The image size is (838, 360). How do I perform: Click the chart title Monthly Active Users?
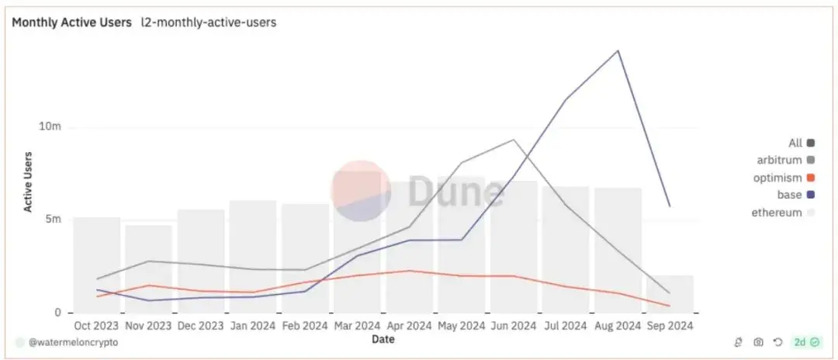tap(71, 22)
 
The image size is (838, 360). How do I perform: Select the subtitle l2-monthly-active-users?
tap(208, 22)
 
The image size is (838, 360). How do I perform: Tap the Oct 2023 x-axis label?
tap(96, 326)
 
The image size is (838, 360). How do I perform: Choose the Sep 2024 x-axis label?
tap(670, 326)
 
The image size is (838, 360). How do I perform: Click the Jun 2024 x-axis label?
tap(514, 326)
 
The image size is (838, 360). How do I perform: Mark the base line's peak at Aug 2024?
tap(618, 50)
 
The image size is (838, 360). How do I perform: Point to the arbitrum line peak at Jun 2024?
tap(513, 140)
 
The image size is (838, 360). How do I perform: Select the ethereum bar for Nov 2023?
tap(148, 268)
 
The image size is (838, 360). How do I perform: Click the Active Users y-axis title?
tap(29, 182)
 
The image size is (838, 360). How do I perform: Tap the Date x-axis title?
tap(382, 339)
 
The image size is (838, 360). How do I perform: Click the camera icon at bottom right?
tap(758, 342)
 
